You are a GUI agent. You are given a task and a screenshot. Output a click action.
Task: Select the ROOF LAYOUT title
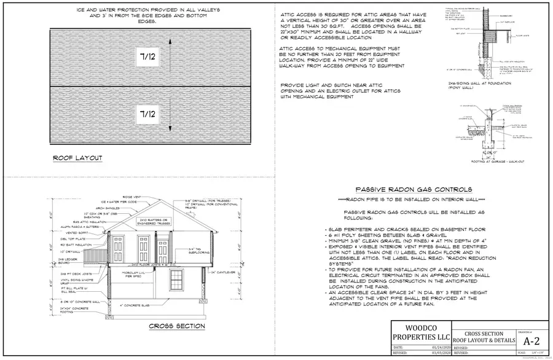[77, 158]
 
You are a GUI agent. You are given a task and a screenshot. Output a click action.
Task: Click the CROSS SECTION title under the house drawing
[176, 326]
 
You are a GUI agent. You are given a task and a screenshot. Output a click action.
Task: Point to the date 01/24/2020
[431, 347]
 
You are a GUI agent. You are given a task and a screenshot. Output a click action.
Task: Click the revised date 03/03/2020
[431, 354]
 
